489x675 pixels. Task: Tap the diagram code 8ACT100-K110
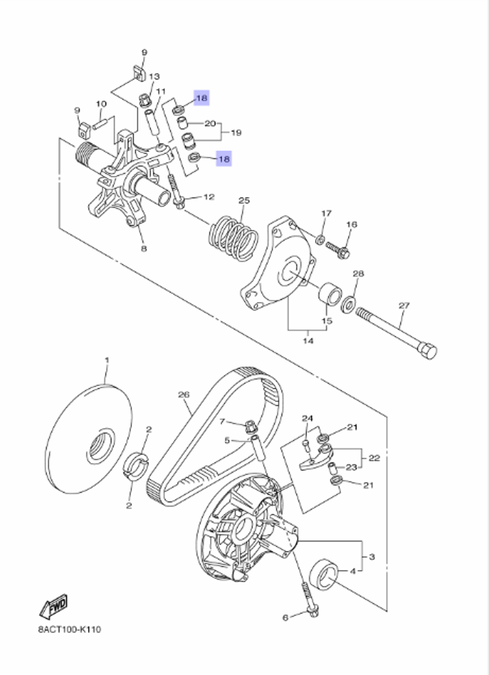(69, 630)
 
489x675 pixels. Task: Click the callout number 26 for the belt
(183, 395)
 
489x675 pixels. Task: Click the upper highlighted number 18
(201, 98)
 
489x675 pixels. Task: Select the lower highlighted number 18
(224, 159)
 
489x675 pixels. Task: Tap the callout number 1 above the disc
(107, 360)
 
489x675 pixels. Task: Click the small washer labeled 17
(320, 239)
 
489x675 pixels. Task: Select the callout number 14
(308, 340)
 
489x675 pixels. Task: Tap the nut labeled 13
(145, 100)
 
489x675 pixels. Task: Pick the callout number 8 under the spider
(144, 249)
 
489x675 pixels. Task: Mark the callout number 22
(374, 458)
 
